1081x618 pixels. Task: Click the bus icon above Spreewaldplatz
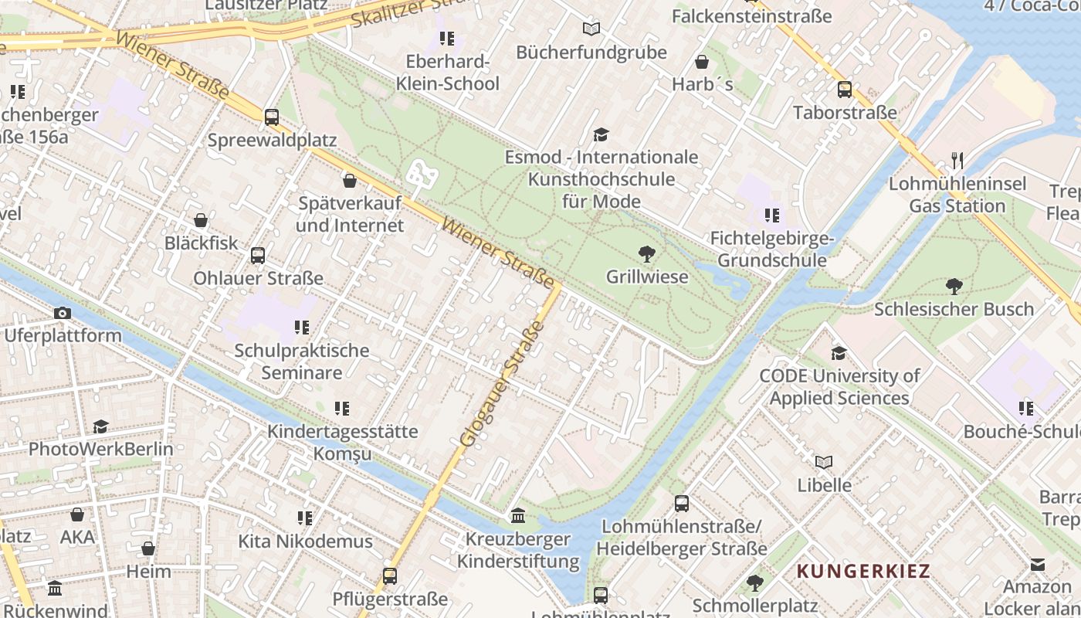(272, 117)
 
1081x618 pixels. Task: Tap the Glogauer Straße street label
(501, 384)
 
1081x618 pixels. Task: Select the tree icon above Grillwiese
(646, 253)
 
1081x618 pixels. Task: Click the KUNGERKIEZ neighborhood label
(863, 572)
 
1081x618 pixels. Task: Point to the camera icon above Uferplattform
(63, 313)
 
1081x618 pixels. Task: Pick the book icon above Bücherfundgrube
(591, 29)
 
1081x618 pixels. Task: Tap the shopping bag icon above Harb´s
(702, 62)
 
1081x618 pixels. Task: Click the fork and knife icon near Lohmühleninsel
(957, 161)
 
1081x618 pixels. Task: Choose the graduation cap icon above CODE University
(839, 354)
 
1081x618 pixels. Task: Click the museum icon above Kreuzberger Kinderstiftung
(518, 515)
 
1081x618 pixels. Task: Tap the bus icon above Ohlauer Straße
(258, 256)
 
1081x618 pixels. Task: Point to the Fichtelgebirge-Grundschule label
(772, 249)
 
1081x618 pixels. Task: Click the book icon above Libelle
(824, 462)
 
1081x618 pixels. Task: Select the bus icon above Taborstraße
(844, 90)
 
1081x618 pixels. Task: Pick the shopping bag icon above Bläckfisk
(201, 221)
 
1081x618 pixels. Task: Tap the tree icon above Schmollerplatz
(754, 582)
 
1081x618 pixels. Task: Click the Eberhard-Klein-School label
(448, 73)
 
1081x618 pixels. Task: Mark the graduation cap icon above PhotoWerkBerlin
(100, 426)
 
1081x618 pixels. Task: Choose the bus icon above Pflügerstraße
(390, 576)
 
